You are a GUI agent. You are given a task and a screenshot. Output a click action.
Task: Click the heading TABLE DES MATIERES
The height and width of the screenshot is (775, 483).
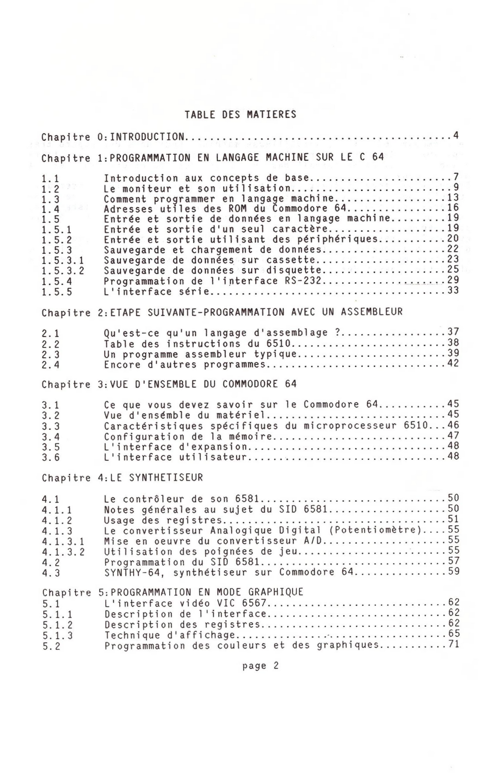click(x=240, y=114)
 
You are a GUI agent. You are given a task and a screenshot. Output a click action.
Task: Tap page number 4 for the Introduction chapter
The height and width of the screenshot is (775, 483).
click(x=455, y=135)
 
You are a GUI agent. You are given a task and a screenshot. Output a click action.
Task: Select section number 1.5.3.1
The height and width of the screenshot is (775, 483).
click(x=63, y=261)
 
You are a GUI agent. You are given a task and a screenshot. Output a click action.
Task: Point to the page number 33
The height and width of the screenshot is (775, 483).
click(x=453, y=290)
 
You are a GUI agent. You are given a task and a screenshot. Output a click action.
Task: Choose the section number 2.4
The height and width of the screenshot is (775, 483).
click(x=51, y=365)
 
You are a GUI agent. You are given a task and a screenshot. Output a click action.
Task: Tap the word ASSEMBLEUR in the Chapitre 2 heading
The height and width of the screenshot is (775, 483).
click(x=372, y=312)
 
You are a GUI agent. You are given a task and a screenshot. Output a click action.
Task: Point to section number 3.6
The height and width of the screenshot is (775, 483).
click(x=51, y=458)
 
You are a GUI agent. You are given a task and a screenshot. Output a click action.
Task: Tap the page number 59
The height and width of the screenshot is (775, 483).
click(x=454, y=571)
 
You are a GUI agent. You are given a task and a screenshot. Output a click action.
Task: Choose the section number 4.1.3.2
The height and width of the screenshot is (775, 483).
click(x=63, y=552)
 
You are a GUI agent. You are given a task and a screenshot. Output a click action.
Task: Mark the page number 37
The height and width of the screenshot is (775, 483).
click(x=453, y=332)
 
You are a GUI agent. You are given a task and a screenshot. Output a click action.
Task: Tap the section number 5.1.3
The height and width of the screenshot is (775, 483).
click(x=58, y=636)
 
